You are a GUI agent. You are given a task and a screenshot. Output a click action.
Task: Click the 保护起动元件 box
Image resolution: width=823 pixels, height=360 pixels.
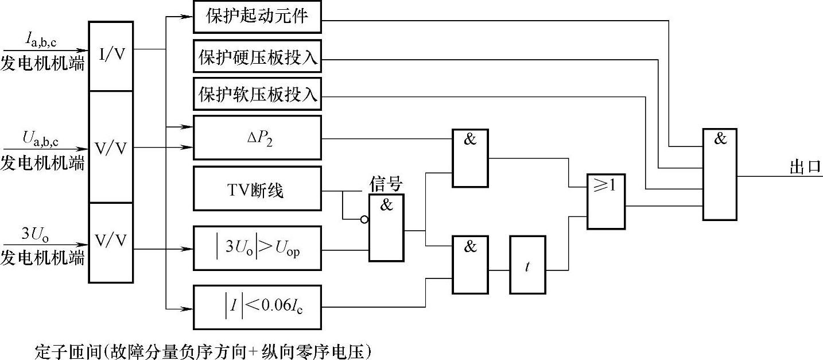[x=258, y=17]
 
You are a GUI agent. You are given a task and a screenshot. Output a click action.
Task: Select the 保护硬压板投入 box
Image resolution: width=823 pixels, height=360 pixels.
[x=258, y=57]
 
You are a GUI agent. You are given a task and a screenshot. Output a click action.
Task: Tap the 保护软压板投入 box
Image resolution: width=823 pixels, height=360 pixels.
[x=258, y=94]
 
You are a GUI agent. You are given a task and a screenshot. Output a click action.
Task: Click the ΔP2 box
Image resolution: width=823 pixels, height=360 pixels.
[x=258, y=138]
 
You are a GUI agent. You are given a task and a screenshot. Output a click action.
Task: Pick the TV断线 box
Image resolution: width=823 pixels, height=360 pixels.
[x=258, y=188]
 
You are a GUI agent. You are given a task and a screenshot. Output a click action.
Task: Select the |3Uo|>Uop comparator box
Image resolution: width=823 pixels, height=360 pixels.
[x=258, y=249]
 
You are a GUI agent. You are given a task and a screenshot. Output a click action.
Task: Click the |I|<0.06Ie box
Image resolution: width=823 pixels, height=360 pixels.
[x=258, y=307]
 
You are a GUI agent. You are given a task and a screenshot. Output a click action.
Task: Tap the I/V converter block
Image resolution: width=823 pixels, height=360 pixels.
[x=111, y=56]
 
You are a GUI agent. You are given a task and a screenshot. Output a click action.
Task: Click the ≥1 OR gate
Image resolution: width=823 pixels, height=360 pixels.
[x=605, y=202]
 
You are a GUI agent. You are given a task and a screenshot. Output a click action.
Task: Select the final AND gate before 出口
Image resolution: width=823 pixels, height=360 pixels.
[x=720, y=174]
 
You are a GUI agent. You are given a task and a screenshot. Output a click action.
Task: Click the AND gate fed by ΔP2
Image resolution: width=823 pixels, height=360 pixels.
[x=470, y=158]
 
